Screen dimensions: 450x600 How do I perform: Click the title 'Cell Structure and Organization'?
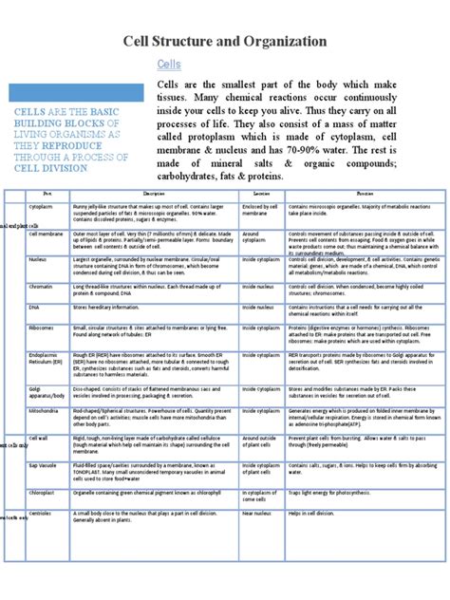(x=225, y=42)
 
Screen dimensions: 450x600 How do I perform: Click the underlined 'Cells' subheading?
(x=169, y=64)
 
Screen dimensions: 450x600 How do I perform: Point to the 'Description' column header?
(x=154, y=193)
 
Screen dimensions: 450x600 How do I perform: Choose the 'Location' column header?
(x=261, y=193)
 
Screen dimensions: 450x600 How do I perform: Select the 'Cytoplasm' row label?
(x=41, y=206)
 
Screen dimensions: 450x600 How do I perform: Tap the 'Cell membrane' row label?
(x=46, y=233)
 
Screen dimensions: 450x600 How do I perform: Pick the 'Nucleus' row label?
(x=39, y=258)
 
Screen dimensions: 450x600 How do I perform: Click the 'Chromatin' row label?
(x=41, y=285)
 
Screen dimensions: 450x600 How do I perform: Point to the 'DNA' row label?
(x=34, y=308)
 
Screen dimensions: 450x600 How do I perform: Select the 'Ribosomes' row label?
(x=42, y=328)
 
